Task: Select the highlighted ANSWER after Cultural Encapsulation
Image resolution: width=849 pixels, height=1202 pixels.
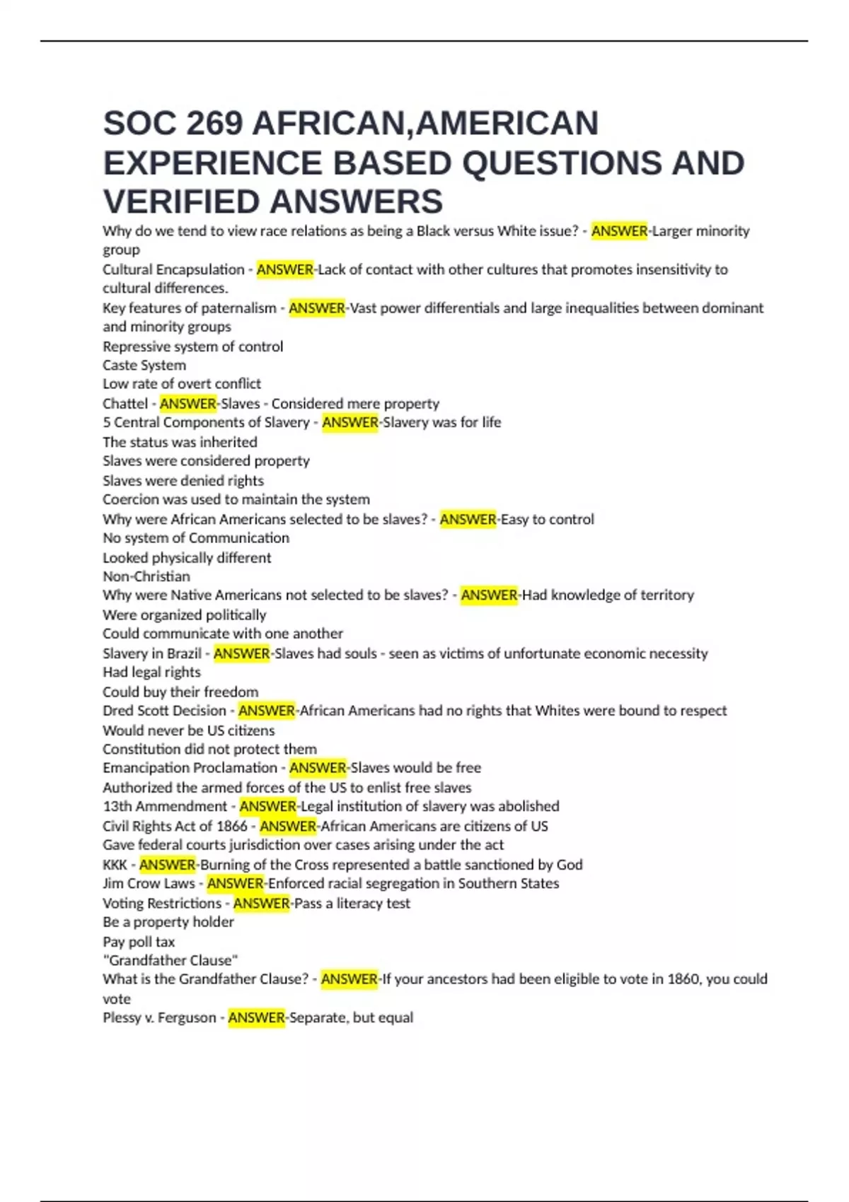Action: coord(284,269)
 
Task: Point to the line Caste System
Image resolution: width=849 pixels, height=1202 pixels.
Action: coord(144,366)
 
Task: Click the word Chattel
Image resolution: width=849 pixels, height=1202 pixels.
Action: coord(125,404)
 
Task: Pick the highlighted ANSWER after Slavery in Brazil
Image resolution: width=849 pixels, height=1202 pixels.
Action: coord(241,653)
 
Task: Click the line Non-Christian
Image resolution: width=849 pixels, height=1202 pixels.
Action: coord(146,576)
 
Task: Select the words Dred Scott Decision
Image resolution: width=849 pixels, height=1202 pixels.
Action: coord(164,711)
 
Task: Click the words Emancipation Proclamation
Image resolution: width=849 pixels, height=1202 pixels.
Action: coord(190,768)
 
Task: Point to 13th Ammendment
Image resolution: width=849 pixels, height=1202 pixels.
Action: coord(165,806)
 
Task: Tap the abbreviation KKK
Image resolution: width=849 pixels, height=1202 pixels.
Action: coord(115,865)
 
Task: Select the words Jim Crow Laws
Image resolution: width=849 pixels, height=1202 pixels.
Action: coord(149,884)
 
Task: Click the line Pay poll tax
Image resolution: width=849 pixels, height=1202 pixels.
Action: coord(139,942)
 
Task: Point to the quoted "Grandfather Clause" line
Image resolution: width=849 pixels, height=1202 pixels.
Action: coord(170,960)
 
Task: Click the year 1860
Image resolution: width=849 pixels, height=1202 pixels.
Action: coord(682,979)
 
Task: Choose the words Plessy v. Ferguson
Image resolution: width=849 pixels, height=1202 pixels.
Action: coord(159,1018)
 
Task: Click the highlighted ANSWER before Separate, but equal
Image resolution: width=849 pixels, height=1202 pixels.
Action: coord(256,1018)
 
